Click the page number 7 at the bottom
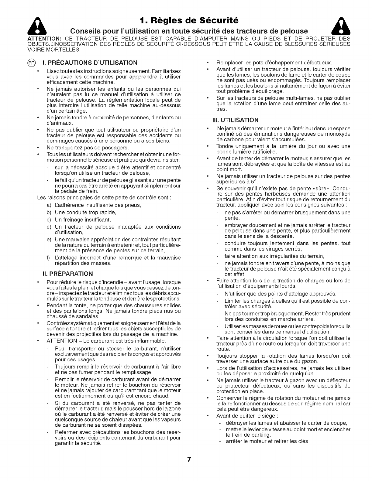click(x=188, y=459)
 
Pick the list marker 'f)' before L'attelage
click(x=48, y=258)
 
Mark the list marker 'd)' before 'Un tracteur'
click(x=49, y=227)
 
